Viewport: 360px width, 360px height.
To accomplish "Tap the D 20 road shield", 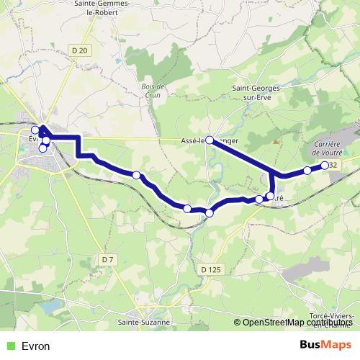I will (x=80, y=50).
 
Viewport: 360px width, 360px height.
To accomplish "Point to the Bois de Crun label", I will (x=150, y=89).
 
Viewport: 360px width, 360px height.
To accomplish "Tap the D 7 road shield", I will (x=108, y=258).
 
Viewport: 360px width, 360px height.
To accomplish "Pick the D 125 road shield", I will (x=209, y=269).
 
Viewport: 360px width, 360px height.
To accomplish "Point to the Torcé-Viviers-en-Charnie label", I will (x=331, y=320).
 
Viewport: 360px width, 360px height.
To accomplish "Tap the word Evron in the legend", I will (x=36, y=346).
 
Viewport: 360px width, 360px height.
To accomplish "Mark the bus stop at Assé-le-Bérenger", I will (x=210, y=140).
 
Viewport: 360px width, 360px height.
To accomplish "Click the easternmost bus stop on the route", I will (x=325, y=166).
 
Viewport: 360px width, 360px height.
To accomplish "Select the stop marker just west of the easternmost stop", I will (x=307, y=171).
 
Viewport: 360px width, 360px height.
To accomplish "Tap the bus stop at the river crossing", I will (x=210, y=212).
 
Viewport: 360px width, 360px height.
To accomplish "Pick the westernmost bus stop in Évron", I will (x=35, y=130).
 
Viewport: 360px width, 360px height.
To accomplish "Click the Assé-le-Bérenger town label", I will (x=210, y=141).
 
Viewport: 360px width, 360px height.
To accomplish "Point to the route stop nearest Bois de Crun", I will (x=136, y=174).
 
